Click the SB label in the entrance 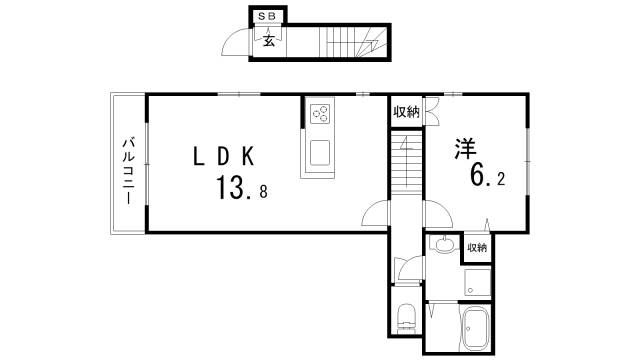[x=267, y=17]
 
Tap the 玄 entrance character [x=269, y=40]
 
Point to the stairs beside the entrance [x=350, y=42]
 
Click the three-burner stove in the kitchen [x=321, y=114]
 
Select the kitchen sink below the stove [x=321, y=154]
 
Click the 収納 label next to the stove [x=405, y=111]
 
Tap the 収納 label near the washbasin [x=476, y=247]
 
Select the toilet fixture [x=406, y=318]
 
